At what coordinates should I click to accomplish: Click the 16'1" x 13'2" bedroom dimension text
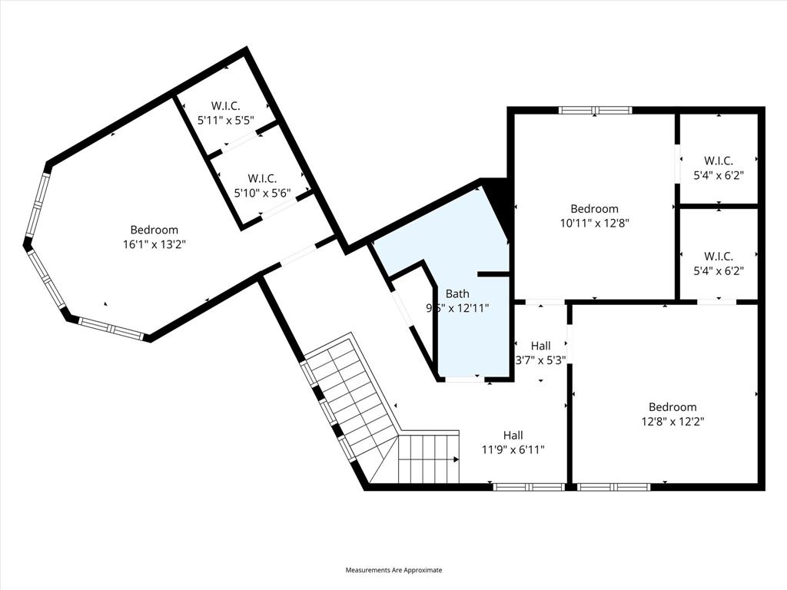(154, 244)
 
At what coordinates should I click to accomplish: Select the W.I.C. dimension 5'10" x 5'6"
(263, 193)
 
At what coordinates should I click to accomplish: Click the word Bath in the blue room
(457, 293)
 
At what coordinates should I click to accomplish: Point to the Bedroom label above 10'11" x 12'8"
(594, 209)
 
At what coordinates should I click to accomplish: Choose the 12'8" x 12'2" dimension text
(672, 421)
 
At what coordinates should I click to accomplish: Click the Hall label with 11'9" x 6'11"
(513, 435)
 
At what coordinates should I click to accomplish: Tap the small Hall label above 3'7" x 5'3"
(540, 346)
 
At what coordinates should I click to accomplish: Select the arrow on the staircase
(456, 459)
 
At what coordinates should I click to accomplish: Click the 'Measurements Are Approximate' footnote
(393, 570)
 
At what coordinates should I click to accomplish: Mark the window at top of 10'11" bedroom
(595, 111)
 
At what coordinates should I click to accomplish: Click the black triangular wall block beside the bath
(499, 204)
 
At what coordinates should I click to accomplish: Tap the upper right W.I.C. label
(719, 161)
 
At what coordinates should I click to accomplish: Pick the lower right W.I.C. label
(719, 256)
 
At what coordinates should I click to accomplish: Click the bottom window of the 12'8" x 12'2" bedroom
(613, 486)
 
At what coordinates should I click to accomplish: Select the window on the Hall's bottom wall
(528, 486)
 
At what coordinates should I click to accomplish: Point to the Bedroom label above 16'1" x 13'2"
(154, 230)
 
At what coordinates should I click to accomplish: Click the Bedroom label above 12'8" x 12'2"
(672, 407)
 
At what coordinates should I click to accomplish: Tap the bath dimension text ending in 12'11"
(457, 307)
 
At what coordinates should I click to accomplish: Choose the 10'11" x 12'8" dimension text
(594, 224)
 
